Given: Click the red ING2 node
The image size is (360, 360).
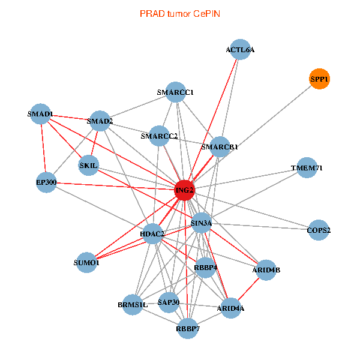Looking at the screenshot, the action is pyautogui.click(x=184, y=191).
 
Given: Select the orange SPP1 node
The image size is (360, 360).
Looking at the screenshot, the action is pyautogui.click(x=319, y=79).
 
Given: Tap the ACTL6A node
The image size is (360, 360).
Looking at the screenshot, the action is pyautogui.click(x=240, y=50).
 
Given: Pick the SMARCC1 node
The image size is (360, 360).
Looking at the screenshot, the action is pyautogui.click(x=175, y=92).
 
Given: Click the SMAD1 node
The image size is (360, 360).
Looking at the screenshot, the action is pyautogui.click(x=41, y=113).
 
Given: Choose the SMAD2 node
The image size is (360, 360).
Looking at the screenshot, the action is pyautogui.click(x=100, y=122).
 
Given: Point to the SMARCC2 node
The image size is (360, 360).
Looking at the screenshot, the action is pyautogui.click(x=159, y=136).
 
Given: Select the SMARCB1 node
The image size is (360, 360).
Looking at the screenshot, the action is pyautogui.click(x=220, y=146).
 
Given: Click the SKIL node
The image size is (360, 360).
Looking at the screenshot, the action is pyautogui.click(x=89, y=166).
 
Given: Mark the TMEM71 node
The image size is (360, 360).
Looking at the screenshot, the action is pyautogui.click(x=307, y=168).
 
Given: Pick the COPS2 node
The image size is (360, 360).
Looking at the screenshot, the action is pyautogui.click(x=319, y=230).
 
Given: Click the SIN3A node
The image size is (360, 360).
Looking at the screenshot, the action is pyautogui.click(x=201, y=223).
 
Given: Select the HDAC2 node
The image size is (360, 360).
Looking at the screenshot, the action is pyautogui.click(x=153, y=233).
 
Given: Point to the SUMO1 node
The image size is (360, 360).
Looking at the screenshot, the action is pyautogui.click(x=86, y=262).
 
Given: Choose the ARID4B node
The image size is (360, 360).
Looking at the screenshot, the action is pyautogui.click(x=267, y=270).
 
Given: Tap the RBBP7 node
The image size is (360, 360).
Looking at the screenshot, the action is pyautogui.click(x=188, y=328).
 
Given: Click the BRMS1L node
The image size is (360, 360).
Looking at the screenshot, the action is pyautogui.click(x=133, y=305).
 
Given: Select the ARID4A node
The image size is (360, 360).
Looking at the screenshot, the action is pyautogui.click(x=231, y=308).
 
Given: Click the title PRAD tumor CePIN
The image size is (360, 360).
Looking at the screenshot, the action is pyautogui.click(x=179, y=13).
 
